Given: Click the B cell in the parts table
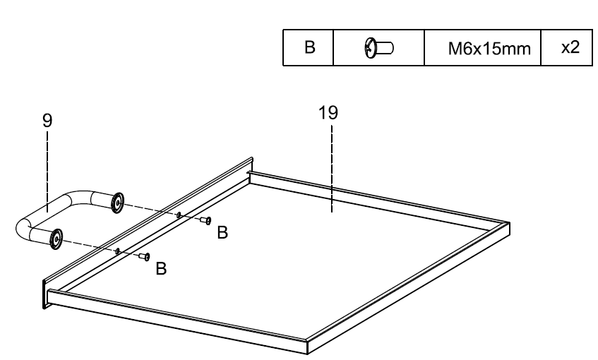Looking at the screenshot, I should pos(308,48).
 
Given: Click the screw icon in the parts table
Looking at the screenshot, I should pos(377,48).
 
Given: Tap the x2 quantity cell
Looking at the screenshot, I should pos(566,48).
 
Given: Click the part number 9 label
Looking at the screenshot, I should pos(46,121).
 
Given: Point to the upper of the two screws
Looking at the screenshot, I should pos(206,221).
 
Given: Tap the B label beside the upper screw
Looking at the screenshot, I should pos(222,234).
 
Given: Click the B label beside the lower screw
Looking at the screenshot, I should pos(161,269).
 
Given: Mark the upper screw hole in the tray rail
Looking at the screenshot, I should pos(179,214).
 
